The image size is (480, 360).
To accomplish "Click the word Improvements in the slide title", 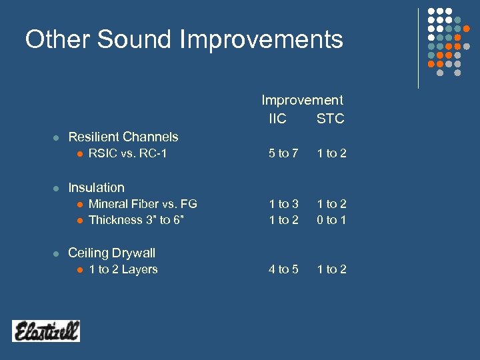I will tap(261, 40).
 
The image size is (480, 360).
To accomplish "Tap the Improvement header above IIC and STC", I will tap(302, 100).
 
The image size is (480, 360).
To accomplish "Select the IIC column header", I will tap(277, 119).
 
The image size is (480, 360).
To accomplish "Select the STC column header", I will tap(330, 119).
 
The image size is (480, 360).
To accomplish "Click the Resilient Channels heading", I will tap(123, 137).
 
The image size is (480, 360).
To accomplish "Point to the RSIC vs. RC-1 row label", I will tap(127, 154).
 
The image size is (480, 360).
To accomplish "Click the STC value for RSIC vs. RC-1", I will tap(331, 154).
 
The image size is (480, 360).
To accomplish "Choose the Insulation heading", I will tap(96, 187).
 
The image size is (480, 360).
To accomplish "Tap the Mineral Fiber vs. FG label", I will tap(143, 204).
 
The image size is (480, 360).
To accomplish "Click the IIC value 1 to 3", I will tap(283, 204).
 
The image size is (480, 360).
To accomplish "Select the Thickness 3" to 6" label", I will tap(136, 220).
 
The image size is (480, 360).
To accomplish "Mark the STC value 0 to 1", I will tap(331, 220).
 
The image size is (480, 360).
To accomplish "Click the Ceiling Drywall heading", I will tap(111, 253).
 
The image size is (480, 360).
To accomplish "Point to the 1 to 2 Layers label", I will tap(123, 269).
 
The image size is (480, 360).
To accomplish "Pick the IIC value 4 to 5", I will tap(283, 269).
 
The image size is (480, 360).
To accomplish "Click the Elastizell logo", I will tap(46, 331).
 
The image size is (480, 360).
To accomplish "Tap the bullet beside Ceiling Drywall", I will tap(57, 253).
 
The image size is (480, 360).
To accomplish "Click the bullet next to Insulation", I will tap(57, 188).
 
